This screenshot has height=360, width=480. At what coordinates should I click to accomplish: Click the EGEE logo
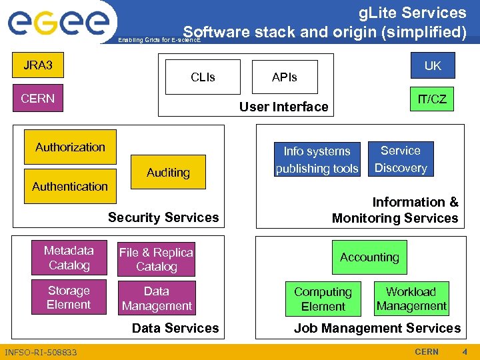(x=58, y=23)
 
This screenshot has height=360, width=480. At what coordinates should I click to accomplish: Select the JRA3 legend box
(x=38, y=65)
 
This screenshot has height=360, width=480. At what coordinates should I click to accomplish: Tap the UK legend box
(x=433, y=65)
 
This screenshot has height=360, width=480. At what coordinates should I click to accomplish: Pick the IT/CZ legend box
(x=432, y=99)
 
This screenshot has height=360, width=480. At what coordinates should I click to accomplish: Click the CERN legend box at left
(x=38, y=99)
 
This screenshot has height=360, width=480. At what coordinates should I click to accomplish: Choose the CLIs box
(x=203, y=77)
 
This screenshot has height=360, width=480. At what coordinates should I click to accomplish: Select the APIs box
(x=285, y=77)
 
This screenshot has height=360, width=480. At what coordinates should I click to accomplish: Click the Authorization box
(x=71, y=147)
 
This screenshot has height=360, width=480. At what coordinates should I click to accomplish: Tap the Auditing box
(x=168, y=173)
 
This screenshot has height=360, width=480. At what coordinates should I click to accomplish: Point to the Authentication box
(x=70, y=187)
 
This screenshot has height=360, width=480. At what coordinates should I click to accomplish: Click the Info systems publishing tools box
(x=317, y=160)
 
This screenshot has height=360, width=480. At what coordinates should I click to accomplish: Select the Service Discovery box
(x=401, y=159)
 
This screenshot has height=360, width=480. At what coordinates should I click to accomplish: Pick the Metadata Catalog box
(x=69, y=258)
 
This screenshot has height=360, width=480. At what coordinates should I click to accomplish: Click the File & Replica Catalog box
(x=156, y=259)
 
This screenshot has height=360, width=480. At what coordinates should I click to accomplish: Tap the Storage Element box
(x=69, y=297)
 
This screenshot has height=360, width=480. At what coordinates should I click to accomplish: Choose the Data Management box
(x=157, y=298)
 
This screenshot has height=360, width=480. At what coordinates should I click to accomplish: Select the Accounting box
(x=369, y=257)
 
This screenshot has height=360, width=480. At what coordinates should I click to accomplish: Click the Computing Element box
(x=323, y=299)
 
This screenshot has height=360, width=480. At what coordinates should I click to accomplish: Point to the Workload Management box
(x=411, y=299)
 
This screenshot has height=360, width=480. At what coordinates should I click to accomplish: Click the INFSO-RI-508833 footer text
(x=41, y=352)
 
